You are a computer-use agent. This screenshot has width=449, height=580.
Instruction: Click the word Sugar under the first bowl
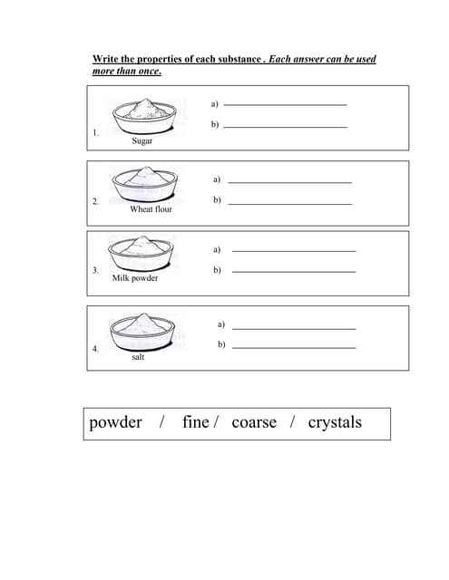(142, 142)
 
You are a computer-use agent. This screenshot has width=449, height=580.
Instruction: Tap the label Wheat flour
(151, 209)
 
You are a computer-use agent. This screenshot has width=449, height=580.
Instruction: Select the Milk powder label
(134, 278)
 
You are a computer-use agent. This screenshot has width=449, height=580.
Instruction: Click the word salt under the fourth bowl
(137, 357)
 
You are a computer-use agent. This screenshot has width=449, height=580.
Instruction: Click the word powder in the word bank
(115, 422)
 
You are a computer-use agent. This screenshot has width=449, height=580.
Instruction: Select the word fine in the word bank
(195, 422)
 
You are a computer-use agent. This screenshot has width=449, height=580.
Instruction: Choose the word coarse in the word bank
(254, 422)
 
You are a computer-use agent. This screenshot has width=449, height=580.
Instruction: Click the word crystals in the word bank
(335, 422)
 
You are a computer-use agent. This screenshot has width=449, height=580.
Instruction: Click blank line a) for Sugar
(285, 105)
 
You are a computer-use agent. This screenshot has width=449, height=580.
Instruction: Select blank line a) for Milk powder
(294, 250)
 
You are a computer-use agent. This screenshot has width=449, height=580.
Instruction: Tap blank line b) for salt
(294, 347)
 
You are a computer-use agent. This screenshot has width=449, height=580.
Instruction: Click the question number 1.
(95, 133)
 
